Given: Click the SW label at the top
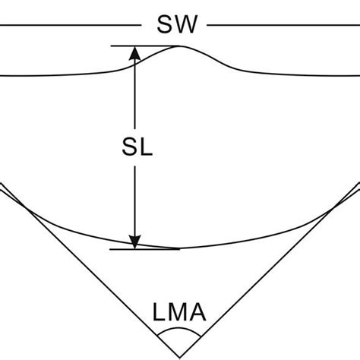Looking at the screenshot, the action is click(x=177, y=24).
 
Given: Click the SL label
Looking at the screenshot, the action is click(x=137, y=147).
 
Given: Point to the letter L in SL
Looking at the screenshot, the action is click(x=146, y=147).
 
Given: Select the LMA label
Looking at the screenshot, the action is click(x=179, y=312).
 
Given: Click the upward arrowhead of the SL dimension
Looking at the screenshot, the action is click(x=134, y=53).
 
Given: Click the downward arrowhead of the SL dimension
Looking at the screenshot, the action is click(x=134, y=242).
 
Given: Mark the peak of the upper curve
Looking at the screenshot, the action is click(x=179, y=46).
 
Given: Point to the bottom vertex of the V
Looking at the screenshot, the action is click(x=180, y=358).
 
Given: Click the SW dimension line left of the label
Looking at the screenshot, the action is click(x=70, y=25).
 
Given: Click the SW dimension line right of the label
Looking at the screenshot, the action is click(x=283, y=25).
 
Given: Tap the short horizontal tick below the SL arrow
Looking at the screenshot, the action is click(x=144, y=249).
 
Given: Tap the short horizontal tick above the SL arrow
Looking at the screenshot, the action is click(x=145, y=46).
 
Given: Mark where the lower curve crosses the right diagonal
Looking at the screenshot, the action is click(x=332, y=210).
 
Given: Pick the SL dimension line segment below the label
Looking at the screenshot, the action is click(x=134, y=207).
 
